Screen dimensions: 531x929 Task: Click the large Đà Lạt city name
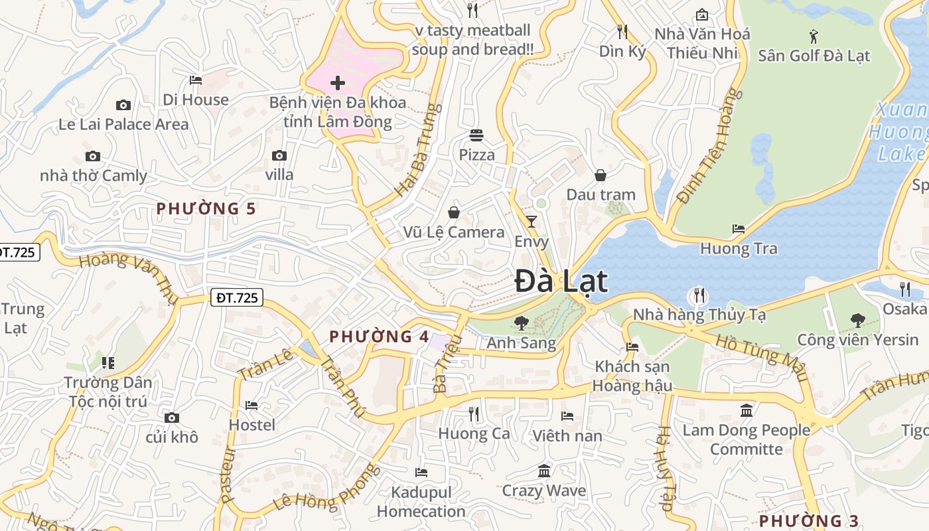pos(561,281)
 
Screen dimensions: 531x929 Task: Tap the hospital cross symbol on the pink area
pos(338,83)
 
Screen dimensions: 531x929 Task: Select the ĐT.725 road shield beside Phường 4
pos(237,298)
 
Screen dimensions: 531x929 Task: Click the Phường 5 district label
pos(206,208)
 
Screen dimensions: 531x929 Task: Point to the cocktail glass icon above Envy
pos(532,221)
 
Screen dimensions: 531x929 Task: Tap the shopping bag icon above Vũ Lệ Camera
pos(454,212)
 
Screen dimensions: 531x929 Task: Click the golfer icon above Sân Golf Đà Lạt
pos(814,36)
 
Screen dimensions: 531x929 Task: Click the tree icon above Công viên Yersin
pos(858,320)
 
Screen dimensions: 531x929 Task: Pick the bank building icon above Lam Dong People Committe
pos(747,410)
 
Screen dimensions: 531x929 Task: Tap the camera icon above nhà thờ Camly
pos(93,157)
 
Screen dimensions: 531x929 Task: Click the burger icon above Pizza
pos(476,135)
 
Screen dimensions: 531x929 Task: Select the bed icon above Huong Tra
pos(739,229)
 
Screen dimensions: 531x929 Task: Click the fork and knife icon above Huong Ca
pos(474,414)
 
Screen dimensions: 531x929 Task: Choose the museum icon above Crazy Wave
pos(544,471)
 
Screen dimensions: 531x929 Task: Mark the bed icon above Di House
pos(196,80)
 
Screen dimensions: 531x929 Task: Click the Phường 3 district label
pos(808,520)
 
